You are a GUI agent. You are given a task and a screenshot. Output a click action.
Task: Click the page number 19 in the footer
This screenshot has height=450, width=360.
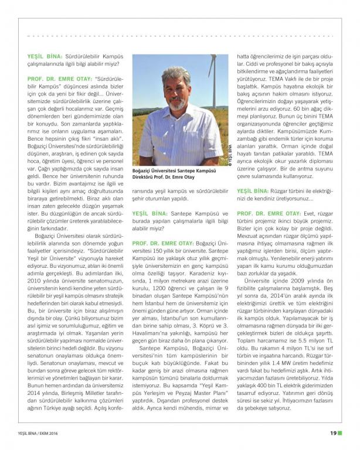coord(332,433)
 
